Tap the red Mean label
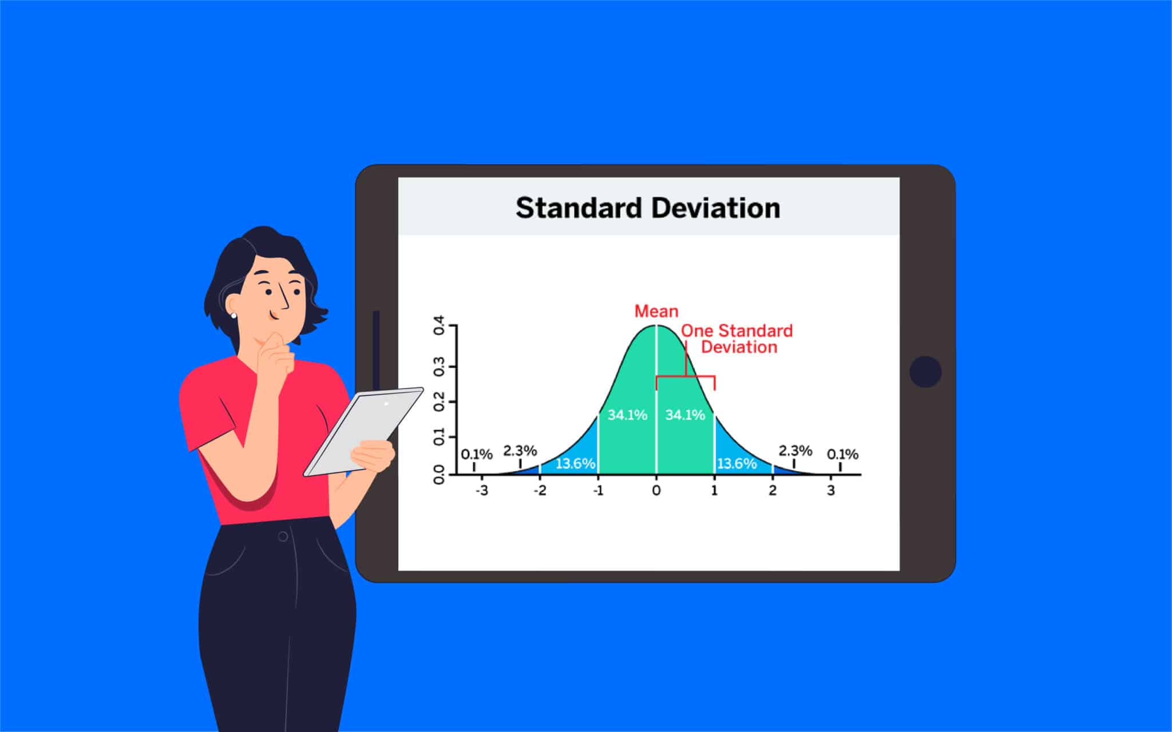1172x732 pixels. coord(656,311)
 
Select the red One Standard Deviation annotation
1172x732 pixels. coord(737,339)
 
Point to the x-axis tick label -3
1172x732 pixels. coord(482,491)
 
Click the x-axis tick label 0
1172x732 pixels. coord(656,491)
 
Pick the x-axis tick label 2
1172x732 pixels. coord(773,491)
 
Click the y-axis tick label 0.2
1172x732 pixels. coord(439,401)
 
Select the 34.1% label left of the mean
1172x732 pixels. coord(627,415)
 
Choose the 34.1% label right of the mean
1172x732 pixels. coord(685,415)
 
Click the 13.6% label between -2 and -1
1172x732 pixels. coord(576,463)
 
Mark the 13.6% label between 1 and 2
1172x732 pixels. coord(737,463)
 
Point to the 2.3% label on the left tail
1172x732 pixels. coord(520,451)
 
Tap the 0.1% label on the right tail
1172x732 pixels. coord(842,455)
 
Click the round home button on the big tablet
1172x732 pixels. coord(925,372)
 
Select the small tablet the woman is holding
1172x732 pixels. coord(363,432)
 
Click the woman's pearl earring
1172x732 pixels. coord(233,315)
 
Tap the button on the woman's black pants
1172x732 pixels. coord(283,536)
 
